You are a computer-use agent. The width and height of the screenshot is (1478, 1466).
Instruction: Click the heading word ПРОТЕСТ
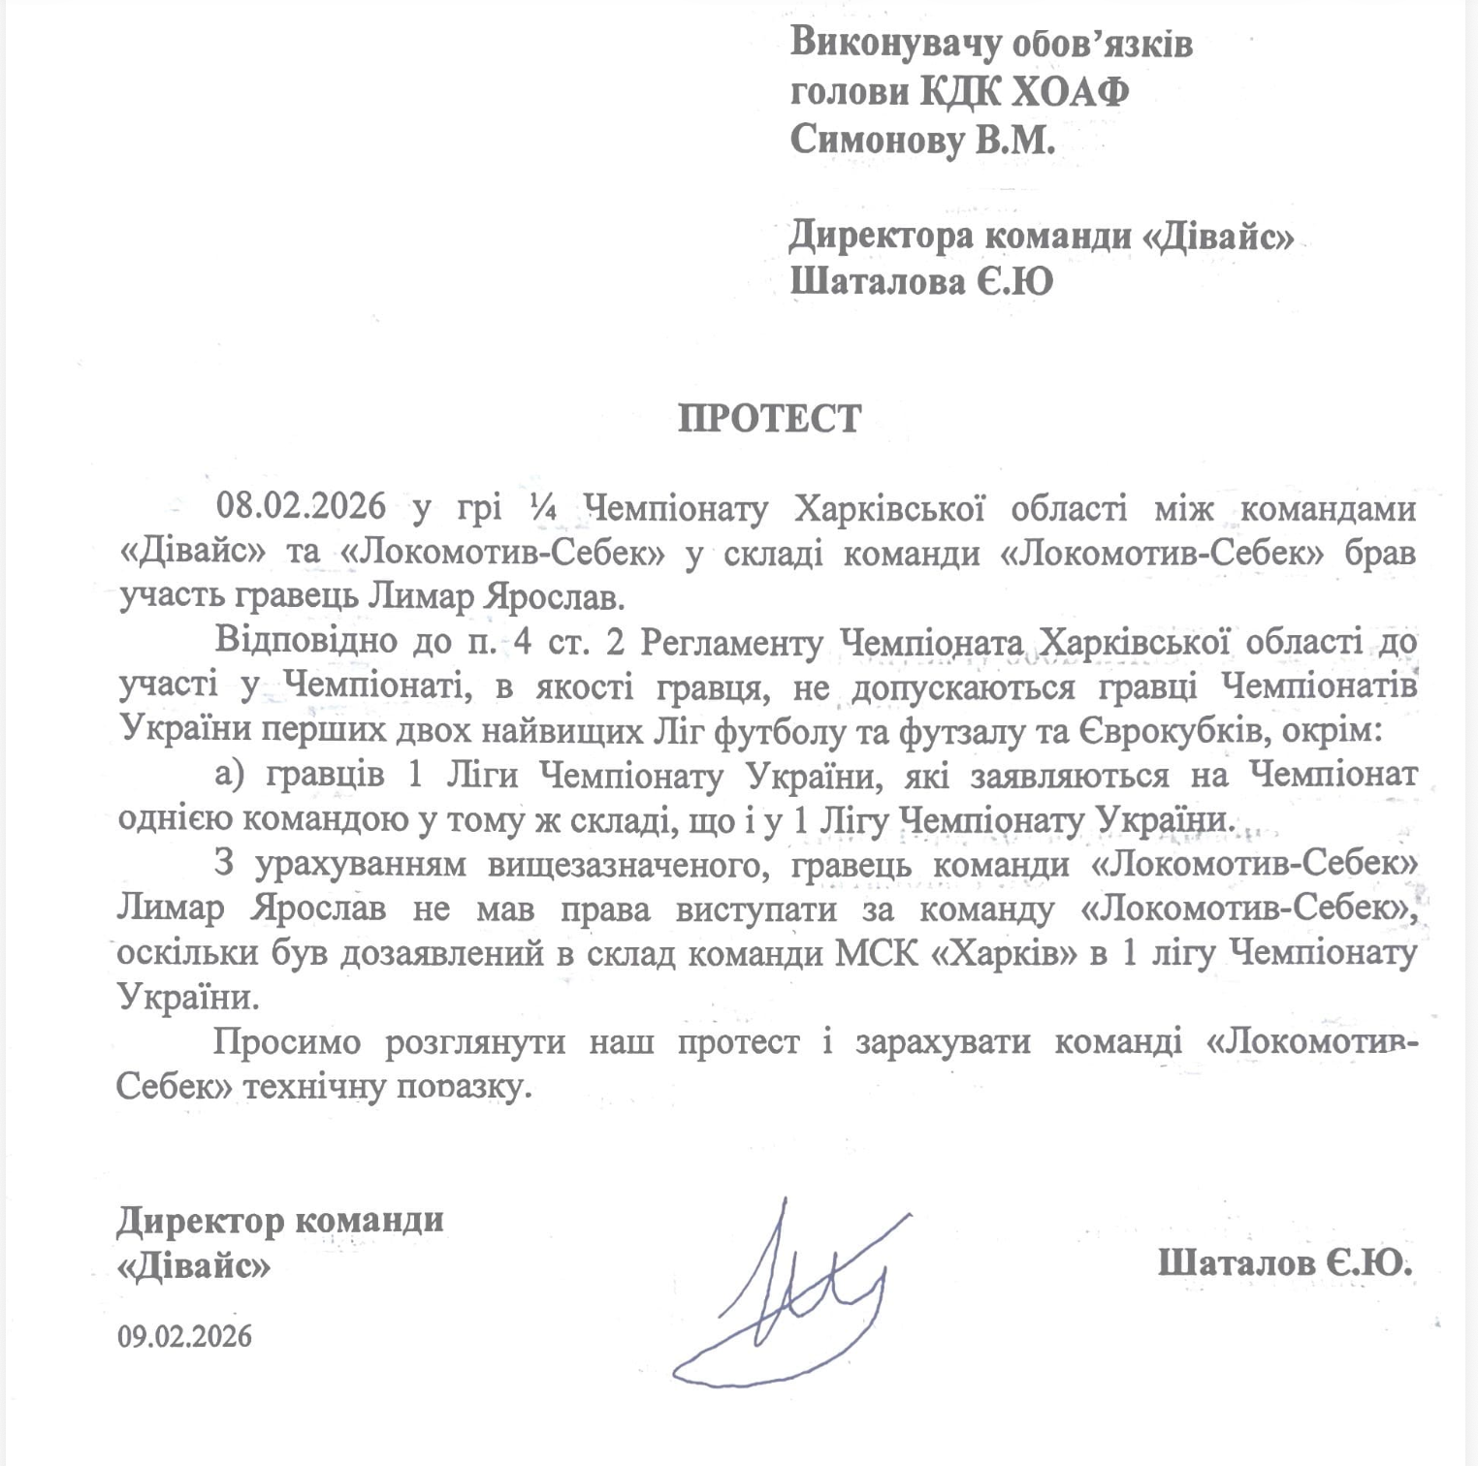[x=769, y=418]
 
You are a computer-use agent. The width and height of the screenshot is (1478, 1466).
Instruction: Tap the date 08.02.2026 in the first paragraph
[x=301, y=505]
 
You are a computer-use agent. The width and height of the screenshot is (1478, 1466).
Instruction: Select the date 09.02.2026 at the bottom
[x=184, y=1336]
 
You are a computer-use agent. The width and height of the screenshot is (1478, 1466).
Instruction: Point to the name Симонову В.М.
[x=922, y=140]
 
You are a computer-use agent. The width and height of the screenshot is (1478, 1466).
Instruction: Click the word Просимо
[x=287, y=1042]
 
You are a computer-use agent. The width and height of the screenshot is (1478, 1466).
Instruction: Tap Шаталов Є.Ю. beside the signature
[x=1284, y=1262]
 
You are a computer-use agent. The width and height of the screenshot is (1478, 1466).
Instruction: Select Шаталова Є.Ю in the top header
[x=921, y=282]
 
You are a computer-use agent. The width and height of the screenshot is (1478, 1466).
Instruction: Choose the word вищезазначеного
[x=629, y=864]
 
